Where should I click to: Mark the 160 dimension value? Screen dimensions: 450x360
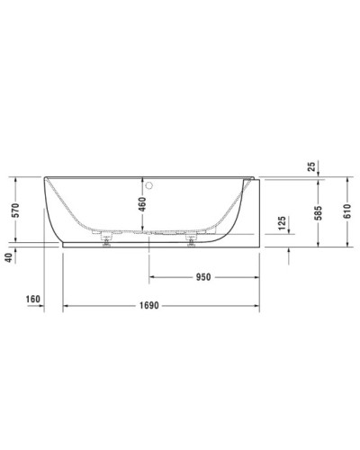pos(34,300)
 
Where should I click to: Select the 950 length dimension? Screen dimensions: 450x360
pos(204,277)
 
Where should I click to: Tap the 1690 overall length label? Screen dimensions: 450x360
pos(149,306)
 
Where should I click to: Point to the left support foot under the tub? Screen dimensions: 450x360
pos(106,238)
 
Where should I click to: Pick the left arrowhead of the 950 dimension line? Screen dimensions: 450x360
pos(152,277)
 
